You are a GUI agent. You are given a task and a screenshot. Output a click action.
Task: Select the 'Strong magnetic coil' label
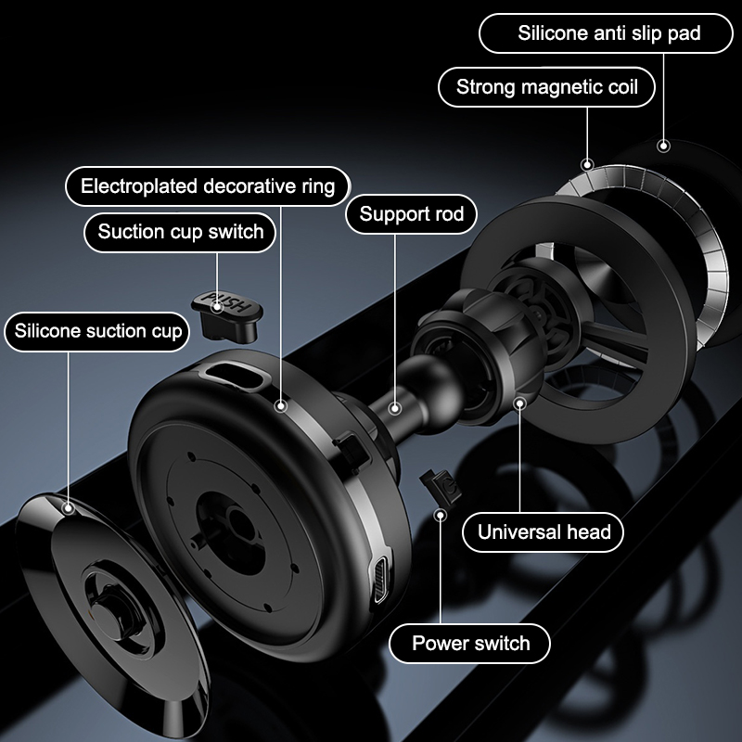pos(546,87)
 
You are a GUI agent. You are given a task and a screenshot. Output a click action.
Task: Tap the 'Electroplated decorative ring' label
pos(208,186)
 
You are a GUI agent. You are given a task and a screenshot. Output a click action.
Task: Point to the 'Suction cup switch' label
pos(180,232)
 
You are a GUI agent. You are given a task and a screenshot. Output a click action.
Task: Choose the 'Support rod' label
pos(411,214)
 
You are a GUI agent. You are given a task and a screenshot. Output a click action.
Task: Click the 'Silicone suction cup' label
pos(97,331)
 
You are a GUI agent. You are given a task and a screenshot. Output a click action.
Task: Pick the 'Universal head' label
pos(544,531)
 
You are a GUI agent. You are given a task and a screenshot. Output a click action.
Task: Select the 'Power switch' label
pos(470,643)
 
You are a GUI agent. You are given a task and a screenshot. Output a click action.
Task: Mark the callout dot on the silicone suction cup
pos(69,508)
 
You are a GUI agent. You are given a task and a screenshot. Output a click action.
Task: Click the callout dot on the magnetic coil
pos(587,165)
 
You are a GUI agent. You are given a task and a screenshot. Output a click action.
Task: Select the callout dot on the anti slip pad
pos(663,146)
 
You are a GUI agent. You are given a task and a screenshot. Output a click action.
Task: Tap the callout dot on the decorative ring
pos(281,406)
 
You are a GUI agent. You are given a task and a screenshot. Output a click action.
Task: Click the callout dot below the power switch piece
pos(441,515)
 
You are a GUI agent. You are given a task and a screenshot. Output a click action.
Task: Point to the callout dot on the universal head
pos(520,403)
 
